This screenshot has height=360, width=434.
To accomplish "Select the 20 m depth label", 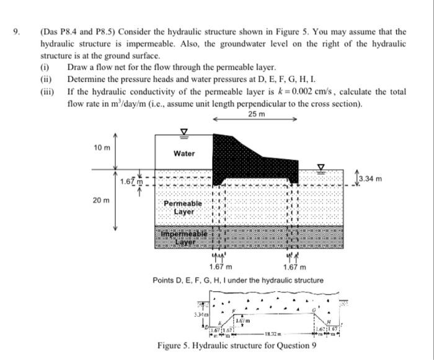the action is (x=102, y=201).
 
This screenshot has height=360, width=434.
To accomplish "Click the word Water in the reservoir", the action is (x=184, y=153).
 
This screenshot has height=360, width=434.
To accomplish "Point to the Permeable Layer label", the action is (x=183, y=207).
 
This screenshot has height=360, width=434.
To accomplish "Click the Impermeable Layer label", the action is (x=183, y=236).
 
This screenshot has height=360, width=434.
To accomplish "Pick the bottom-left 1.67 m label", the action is (x=221, y=268).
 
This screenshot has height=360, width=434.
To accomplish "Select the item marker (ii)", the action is (x=46, y=79).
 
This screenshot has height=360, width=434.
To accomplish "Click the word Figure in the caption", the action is (x=172, y=345).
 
